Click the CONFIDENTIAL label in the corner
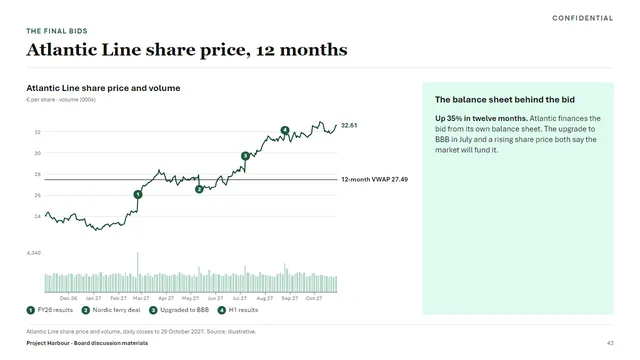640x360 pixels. (582, 18)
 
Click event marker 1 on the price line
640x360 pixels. (138, 195)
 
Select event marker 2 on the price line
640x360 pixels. (199, 189)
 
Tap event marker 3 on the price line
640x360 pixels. (245, 156)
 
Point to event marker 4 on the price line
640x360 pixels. (285, 130)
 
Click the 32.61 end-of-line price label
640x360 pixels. (349, 125)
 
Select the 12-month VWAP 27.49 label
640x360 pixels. (374, 179)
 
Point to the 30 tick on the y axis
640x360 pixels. (38, 153)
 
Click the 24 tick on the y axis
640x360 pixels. (38, 216)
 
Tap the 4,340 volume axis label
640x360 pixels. (34, 253)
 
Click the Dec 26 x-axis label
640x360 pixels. (68, 298)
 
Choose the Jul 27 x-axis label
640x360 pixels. (240, 298)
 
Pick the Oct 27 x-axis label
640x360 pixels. (314, 298)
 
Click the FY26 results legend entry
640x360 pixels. (50, 310)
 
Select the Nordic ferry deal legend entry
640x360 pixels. (111, 310)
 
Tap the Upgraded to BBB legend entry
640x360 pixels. (179, 310)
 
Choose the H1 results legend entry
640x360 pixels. (238, 310)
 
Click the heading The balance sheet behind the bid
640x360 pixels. (505, 100)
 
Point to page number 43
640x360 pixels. (610, 343)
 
